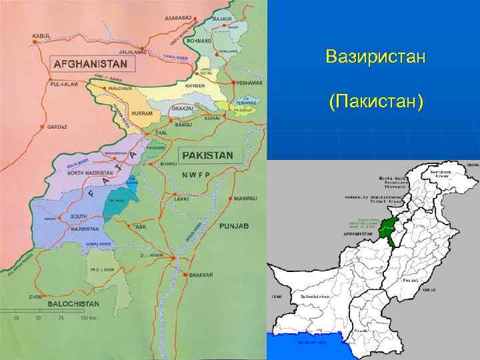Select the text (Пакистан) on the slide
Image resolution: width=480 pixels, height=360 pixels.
tap(375, 103)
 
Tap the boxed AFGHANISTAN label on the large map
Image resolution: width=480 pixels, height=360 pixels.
tap(93, 65)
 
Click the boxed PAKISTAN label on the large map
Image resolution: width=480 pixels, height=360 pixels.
tap(207, 155)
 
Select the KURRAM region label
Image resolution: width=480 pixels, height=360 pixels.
tap(141, 113)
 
